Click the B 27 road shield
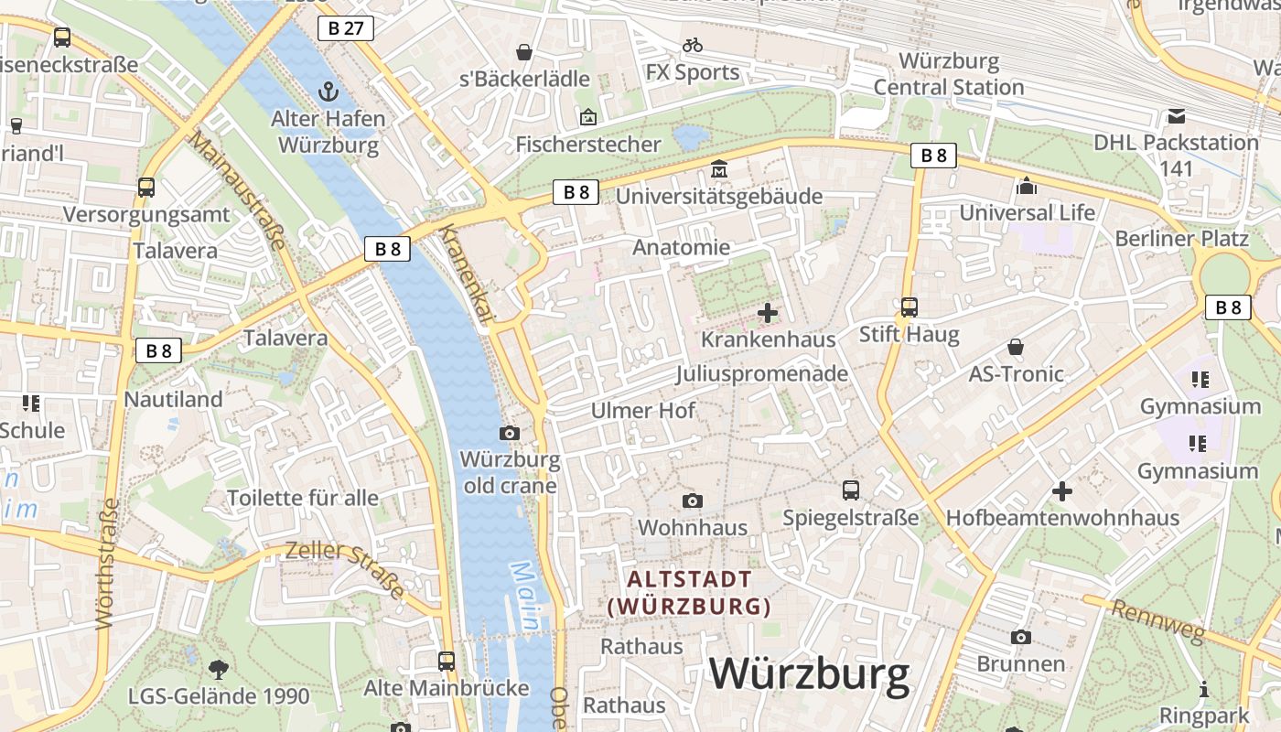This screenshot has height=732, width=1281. click(346, 28)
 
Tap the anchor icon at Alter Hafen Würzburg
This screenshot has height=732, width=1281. click(328, 91)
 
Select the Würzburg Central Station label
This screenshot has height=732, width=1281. click(949, 74)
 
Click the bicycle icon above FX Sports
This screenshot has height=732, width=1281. click(693, 45)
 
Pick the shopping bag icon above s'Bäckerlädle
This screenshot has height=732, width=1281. click(524, 52)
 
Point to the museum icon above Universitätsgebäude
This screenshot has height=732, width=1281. click(719, 170)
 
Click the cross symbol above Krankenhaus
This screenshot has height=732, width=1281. click(768, 313)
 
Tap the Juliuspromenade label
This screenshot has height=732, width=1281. click(761, 374)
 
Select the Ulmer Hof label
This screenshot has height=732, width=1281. click(642, 411)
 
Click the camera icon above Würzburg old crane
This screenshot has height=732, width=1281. click(510, 433)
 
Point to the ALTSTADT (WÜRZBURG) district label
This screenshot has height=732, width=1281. click(689, 592)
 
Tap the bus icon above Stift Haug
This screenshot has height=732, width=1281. click(909, 307)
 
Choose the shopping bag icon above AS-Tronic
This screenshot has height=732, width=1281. click(1016, 347)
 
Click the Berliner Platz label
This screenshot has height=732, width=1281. click(1181, 239)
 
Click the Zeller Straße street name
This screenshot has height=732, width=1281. click(345, 569)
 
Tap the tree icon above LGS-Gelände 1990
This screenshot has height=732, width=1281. click(218, 669)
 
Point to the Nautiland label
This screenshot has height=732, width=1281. click(173, 400)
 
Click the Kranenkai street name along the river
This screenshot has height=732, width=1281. click(466, 273)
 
